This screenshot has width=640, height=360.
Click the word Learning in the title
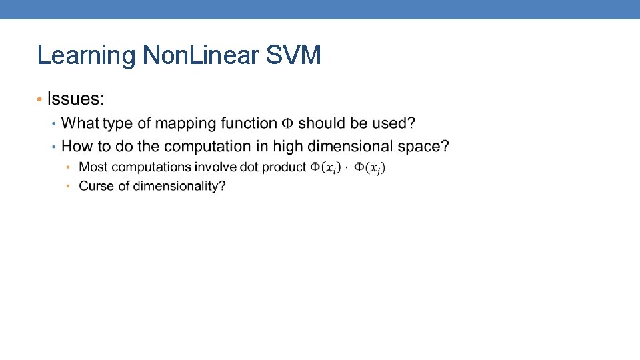87,55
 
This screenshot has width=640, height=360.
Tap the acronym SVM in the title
293,55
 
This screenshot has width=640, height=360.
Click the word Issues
76,99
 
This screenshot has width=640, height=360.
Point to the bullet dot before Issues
40,99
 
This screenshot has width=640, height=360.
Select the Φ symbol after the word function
287,123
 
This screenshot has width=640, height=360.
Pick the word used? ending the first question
395,123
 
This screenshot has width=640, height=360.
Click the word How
76,145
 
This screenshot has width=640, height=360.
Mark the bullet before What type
55,123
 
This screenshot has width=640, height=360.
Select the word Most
93,167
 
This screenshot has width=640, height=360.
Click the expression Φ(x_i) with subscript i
325,167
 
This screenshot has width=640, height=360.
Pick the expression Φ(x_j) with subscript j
369,167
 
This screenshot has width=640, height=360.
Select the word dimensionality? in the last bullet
179,186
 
